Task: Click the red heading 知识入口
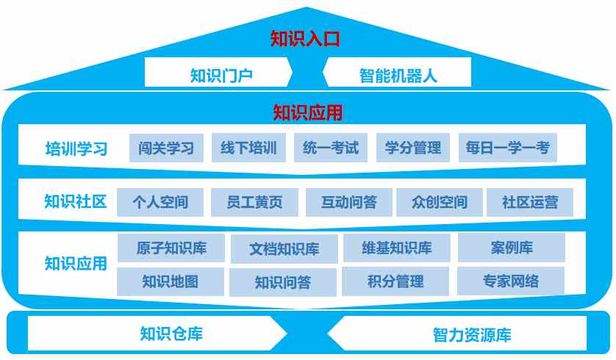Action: click(x=305, y=39)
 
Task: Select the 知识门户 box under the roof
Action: click(x=219, y=72)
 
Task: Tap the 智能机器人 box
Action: click(x=397, y=72)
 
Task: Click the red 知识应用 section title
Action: click(x=307, y=112)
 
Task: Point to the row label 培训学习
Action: click(x=76, y=149)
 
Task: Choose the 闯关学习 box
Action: click(x=166, y=148)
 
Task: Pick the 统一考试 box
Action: click(x=331, y=148)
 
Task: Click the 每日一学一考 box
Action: click(x=508, y=148)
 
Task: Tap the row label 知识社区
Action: click(x=76, y=201)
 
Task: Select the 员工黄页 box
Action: click(x=254, y=202)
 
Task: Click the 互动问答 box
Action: click(x=349, y=202)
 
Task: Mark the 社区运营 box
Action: click(x=530, y=202)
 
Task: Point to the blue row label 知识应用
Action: click(x=76, y=264)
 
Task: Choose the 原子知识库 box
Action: click(x=171, y=248)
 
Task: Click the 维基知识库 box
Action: click(x=397, y=248)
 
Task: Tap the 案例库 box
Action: click(x=512, y=248)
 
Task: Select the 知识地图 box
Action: click(x=171, y=281)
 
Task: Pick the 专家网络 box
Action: click(x=511, y=281)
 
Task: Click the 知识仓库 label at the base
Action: click(x=171, y=334)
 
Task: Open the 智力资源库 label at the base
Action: click(x=472, y=335)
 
